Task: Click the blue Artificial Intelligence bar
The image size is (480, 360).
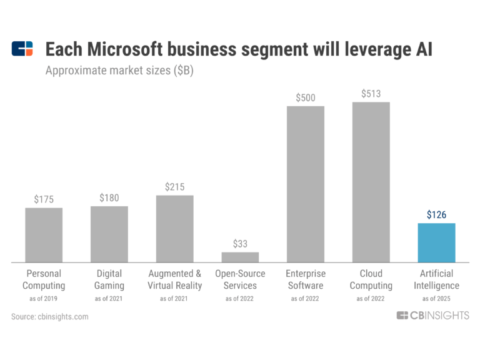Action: point(436,242)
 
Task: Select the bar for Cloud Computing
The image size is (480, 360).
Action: point(371,182)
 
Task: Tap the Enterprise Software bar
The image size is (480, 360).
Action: point(305,184)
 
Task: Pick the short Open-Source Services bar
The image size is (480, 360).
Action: point(240,257)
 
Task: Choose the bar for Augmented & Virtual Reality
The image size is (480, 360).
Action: point(174,228)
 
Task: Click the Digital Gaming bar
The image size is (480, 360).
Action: point(109,234)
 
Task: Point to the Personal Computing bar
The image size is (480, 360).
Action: point(44,234)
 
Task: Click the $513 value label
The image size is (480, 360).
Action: point(371,94)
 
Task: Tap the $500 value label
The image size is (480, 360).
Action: point(305,97)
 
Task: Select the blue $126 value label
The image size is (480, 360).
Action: point(436,214)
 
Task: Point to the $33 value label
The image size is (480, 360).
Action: point(240,243)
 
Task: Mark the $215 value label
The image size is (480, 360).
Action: point(174,187)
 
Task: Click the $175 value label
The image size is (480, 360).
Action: point(44,199)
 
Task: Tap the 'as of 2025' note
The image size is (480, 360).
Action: point(436,299)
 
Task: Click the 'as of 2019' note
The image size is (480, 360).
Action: point(44,299)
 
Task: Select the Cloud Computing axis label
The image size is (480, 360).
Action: point(371,279)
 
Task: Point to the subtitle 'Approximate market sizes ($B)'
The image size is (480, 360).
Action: point(119,71)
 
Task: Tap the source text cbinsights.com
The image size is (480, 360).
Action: point(50,317)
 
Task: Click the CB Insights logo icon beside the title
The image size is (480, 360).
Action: point(22,49)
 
